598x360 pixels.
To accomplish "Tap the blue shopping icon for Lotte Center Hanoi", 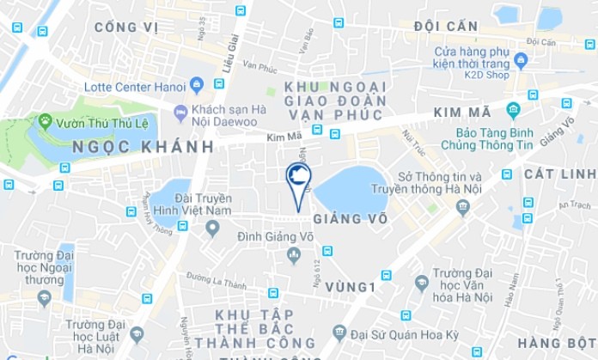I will click(x=197, y=84).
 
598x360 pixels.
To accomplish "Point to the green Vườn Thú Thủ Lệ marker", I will click(x=45, y=121).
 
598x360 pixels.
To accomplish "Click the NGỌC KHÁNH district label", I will click(x=143, y=147).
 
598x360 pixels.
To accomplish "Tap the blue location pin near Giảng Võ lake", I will click(x=297, y=180).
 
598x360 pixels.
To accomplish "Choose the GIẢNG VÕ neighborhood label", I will click(x=350, y=219).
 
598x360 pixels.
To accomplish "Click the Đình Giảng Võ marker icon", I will click(x=294, y=254).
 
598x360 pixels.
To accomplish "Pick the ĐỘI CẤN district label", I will click(x=445, y=27).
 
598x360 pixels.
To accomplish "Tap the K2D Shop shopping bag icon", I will click(x=521, y=60).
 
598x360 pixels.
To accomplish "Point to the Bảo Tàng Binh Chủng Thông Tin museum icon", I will click(x=513, y=111).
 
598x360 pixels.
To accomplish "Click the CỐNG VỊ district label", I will click(x=126, y=27).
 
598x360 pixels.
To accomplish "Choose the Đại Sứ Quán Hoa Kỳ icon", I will click(x=340, y=332).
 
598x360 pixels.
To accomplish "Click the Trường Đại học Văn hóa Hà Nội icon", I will click(x=421, y=282).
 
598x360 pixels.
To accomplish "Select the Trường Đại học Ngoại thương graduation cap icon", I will click(x=45, y=298).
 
